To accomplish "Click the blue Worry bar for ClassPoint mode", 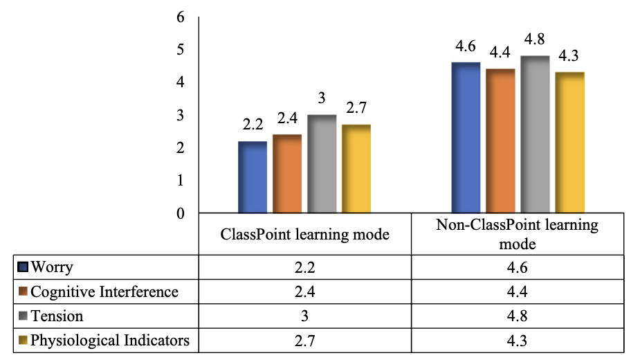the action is tap(253, 177).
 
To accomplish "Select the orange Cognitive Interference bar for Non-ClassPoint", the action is tap(501, 141).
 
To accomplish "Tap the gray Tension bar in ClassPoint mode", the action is tap(322, 163).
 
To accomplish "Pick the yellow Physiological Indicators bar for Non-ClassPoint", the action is tap(570, 142).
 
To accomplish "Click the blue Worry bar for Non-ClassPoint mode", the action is tap(466, 137).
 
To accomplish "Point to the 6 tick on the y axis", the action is tap(180, 17).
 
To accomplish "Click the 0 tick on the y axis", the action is tap(180, 213).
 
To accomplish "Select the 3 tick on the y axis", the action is tap(180, 115).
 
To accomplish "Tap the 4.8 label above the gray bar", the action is tap(534, 39).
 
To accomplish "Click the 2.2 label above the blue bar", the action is tap(253, 125).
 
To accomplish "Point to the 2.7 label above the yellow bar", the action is tap(356, 107).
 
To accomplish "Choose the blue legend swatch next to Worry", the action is tap(23, 267).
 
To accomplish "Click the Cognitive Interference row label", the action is tap(104, 291).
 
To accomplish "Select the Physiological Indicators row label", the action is tap(110, 340).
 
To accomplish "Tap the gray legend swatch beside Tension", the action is tap(23, 316).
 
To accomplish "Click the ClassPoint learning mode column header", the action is tap(304, 235).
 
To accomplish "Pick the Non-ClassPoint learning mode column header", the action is tap(517, 234).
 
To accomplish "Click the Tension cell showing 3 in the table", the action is tap(304, 316).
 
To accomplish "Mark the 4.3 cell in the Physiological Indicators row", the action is tap(517, 341).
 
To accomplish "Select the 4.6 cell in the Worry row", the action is tap(517, 267).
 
